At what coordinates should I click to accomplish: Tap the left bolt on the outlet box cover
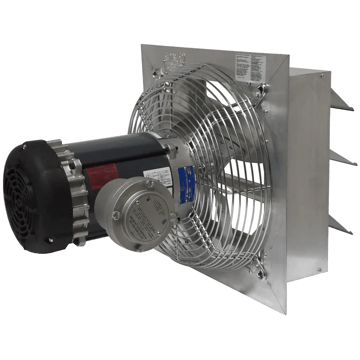[x=116, y=216]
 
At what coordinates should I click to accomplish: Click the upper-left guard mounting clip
[x=156, y=72]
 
